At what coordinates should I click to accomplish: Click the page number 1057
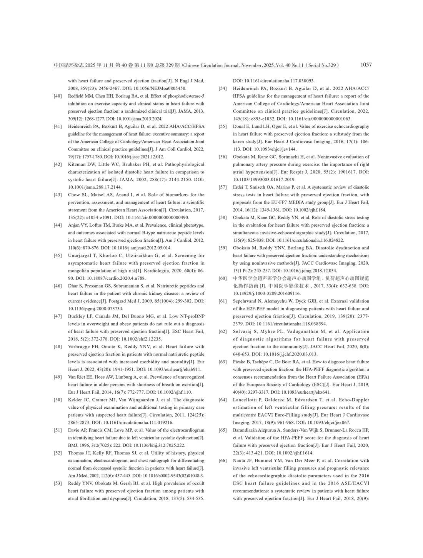366,65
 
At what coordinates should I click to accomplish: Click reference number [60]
223,278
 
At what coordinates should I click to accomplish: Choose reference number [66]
223,461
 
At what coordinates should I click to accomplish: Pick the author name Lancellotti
247,400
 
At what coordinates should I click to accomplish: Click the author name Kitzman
77,165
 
